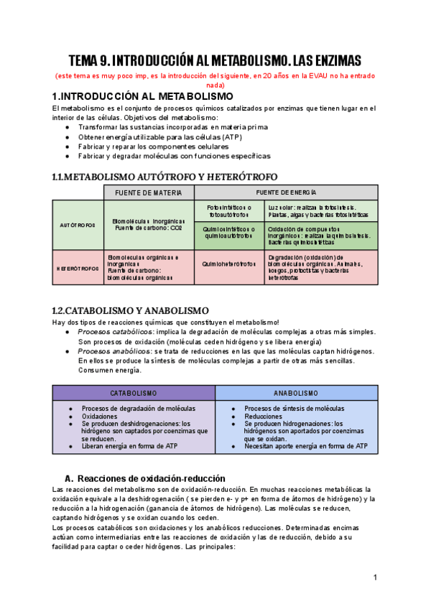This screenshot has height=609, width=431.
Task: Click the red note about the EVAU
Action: pyautogui.click(x=215, y=80)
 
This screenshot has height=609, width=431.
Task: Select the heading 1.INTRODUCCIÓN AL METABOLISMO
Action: pyautogui.click(x=143, y=96)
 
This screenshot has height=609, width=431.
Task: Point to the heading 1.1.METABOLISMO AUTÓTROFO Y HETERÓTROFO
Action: pyautogui.click(x=164, y=177)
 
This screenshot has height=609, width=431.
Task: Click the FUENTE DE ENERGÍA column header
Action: pyautogui.click(x=286, y=192)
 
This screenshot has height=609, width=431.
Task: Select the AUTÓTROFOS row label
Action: pyautogui.click(x=78, y=225)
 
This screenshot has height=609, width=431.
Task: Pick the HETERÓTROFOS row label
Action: pyautogui.click(x=78, y=268)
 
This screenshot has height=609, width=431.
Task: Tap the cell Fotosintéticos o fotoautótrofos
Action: pyautogui.click(x=224, y=211)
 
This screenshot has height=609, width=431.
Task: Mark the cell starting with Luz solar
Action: pyautogui.click(x=315, y=211)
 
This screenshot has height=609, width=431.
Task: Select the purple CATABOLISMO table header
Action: pyautogui.click(x=134, y=394)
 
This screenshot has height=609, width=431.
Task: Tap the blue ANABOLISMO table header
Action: pyautogui.click(x=296, y=394)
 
